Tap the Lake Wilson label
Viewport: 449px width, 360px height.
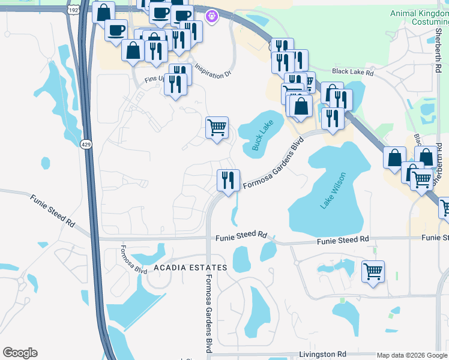[334, 190]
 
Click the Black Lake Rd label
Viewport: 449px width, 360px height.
[352, 72]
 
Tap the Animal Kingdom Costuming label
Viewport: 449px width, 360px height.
[419, 17]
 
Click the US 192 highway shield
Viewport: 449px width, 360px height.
[74, 10]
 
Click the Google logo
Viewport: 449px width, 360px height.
[20, 353]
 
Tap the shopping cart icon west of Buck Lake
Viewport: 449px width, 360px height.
[217, 128]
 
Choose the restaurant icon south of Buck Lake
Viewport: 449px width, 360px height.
[228, 181]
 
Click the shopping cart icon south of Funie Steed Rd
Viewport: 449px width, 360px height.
[373, 271]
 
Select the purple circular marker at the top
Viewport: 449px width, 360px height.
[211, 17]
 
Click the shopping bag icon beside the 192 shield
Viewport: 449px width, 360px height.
[103, 13]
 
